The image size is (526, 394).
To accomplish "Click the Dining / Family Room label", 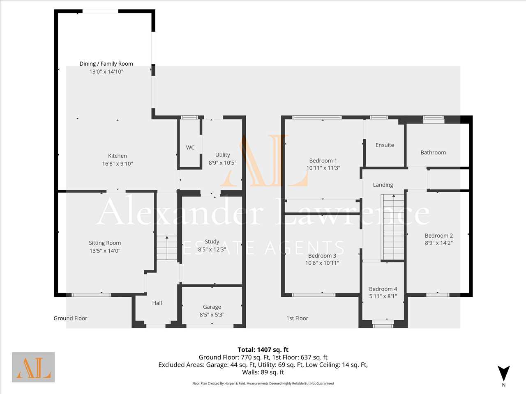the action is tap(106, 64).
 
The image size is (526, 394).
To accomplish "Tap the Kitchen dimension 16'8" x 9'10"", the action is tap(118, 164).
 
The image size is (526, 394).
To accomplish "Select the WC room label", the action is tap(190, 148).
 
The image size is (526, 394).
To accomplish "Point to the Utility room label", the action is tap(223, 155).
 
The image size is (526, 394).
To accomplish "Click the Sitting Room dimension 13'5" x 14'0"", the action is tap(105, 251).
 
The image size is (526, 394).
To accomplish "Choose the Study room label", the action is tap(212, 242).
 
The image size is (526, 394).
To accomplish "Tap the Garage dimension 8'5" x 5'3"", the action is tap(212, 314).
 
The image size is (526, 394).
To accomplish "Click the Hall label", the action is tap(157, 303).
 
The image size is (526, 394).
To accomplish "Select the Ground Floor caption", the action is tap(70, 318).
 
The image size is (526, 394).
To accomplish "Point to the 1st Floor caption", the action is tap(297, 318).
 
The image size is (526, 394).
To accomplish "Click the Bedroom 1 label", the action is tap(323, 160).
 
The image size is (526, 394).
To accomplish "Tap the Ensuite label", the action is tap(385, 145).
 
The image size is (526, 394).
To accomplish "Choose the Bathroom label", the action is tap(433, 152).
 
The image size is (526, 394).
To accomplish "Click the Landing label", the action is tap(383, 185).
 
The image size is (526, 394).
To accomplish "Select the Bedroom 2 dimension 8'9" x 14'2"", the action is tap(439, 243).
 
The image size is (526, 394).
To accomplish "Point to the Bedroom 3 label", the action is tap(322, 256).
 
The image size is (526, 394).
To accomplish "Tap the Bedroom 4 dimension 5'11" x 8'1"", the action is tap(383, 296).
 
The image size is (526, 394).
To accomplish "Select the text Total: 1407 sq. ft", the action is tap(263, 350).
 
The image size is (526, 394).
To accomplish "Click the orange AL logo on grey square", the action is tap(33, 367).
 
